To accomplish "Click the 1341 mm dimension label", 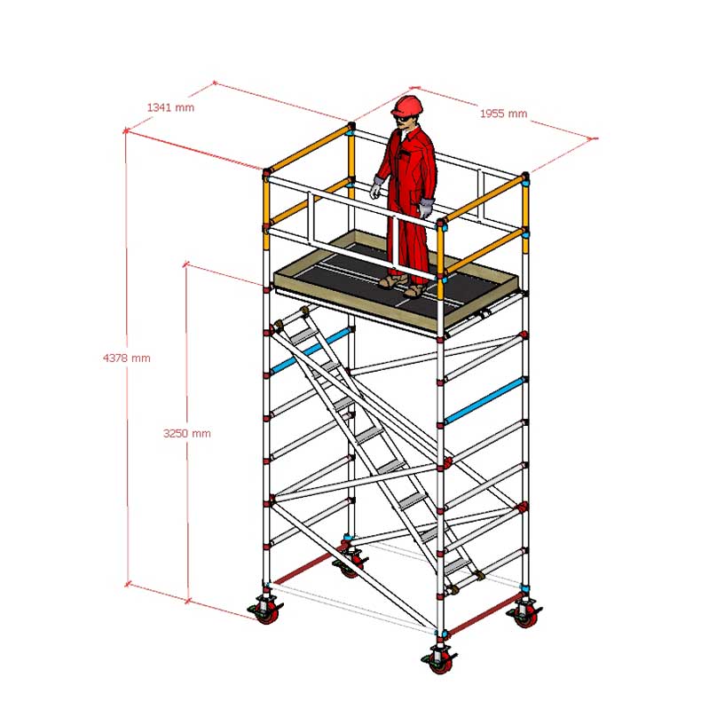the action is (170, 107).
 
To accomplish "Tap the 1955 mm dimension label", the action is (503, 114).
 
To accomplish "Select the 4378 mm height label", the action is (127, 358).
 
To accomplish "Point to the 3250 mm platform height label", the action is (187, 433).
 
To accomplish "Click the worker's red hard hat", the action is (406, 106).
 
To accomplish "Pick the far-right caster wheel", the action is (525, 615).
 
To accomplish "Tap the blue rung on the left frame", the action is (311, 351).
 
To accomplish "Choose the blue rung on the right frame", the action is (484, 401).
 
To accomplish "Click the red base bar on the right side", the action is (484, 613).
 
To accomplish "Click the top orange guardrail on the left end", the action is (310, 148).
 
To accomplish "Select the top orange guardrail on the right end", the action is (484, 198).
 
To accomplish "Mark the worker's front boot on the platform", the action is (415, 291).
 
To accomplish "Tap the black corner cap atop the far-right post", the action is (525, 176).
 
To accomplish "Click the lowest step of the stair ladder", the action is (456, 566).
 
